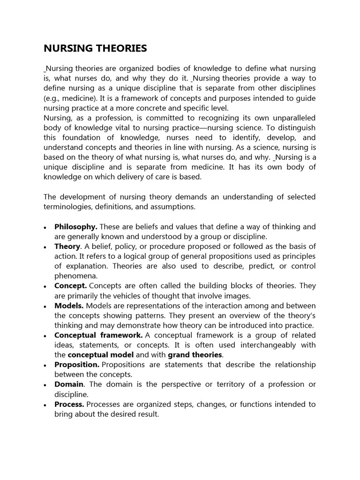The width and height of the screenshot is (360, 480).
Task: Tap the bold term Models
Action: [69, 306]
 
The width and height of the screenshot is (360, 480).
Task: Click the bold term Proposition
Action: [77, 364]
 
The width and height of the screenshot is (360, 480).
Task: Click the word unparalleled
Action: [291, 118]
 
